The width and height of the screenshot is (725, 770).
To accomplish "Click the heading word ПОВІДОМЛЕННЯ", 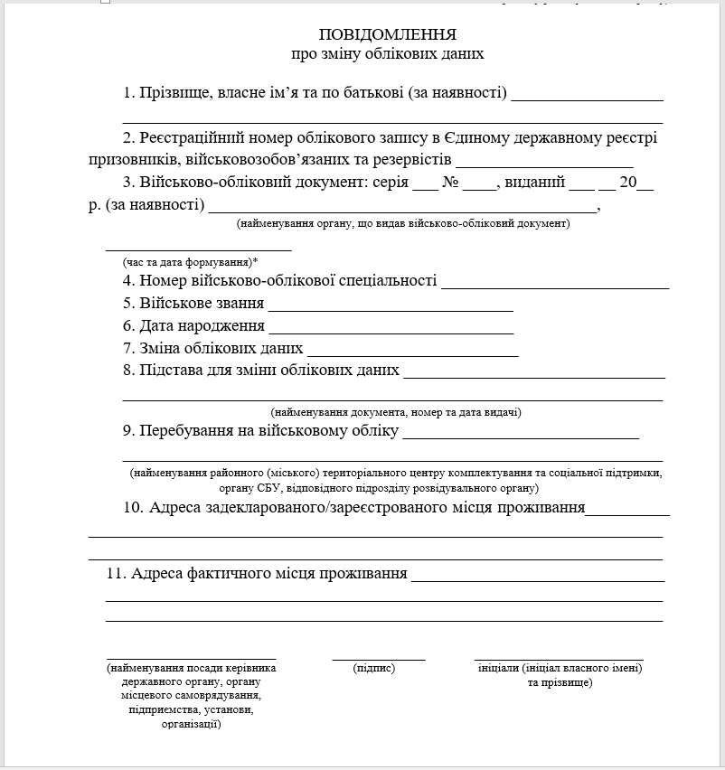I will point(388,34).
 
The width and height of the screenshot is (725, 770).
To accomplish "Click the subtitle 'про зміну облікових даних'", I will point(388,54).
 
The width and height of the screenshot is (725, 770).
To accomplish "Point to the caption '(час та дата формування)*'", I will point(191,262).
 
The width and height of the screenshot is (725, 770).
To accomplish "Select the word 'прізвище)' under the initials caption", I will point(560,683).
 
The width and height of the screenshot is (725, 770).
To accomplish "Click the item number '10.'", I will point(134,508).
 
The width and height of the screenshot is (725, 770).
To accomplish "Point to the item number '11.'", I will point(117,574).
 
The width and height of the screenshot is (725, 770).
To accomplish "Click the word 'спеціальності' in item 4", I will point(390,281).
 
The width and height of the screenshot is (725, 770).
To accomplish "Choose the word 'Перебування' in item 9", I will point(186,432).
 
